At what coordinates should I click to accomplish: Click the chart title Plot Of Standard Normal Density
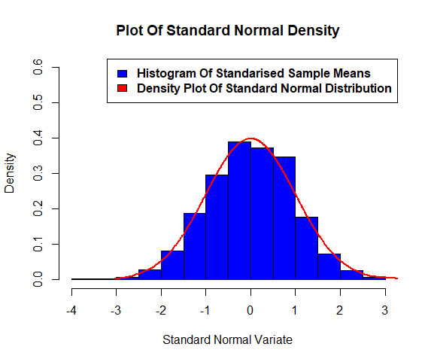click(227, 31)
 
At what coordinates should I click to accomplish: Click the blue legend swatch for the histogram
click(123, 74)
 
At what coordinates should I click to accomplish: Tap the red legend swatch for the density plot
click(123, 88)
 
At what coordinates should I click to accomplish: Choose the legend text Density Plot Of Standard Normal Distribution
click(265, 88)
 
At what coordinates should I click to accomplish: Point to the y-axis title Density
click(11, 174)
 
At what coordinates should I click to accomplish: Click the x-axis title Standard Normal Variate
click(227, 339)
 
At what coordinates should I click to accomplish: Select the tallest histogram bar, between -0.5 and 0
click(240, 211)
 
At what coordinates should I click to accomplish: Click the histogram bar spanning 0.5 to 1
click(284, 218)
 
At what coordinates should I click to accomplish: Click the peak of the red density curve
click(251, 139)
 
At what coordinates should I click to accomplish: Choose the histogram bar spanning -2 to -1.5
click(172, 265)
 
